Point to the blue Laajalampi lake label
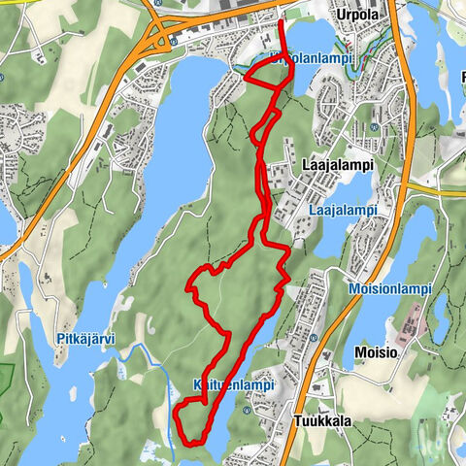point(343,209)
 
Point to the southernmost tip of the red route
point(194,443)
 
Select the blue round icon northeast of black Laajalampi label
point(376,127)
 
